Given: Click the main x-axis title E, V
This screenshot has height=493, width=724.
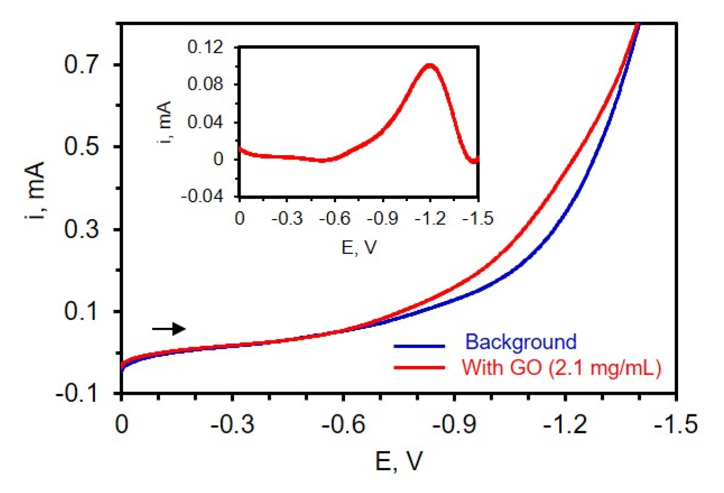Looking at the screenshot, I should pos(399,461).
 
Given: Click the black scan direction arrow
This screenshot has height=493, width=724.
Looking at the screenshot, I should pos(169,329).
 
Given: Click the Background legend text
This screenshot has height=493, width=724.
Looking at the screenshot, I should pos(520,342).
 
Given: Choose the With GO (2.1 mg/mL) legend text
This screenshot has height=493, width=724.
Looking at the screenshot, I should pos(561,367).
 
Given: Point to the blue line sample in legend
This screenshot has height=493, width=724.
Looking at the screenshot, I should pos(419,346).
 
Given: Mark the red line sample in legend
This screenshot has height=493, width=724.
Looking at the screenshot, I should pos(419,367).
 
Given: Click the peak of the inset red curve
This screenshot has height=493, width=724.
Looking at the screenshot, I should pos(430,65).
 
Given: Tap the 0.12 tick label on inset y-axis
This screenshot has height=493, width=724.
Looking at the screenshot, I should pos(205,47).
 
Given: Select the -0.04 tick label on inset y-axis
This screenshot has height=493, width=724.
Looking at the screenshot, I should pos(202,196).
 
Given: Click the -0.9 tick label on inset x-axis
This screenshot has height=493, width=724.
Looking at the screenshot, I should pos(383,218).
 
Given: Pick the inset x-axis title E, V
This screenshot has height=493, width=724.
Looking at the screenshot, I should pos(359,247).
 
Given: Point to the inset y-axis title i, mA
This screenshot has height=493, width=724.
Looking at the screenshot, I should pos(165,123).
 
